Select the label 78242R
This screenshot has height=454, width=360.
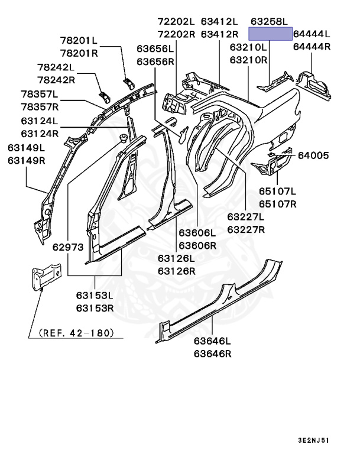coord(56,80)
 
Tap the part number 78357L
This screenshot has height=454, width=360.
coord(40,94)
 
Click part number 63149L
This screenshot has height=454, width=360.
coord(27,147)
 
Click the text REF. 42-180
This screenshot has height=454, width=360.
coord(76,333)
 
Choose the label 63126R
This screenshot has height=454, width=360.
coord(176,271)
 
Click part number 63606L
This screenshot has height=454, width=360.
coord(197,232)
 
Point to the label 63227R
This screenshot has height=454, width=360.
coord(247,229)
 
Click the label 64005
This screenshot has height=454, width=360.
coord(313,155)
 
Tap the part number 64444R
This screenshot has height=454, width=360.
coord(312,47)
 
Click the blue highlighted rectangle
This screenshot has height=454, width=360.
coord(270,33)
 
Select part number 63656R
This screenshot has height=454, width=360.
coord(155,61)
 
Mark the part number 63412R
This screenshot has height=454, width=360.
coord(219,34)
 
